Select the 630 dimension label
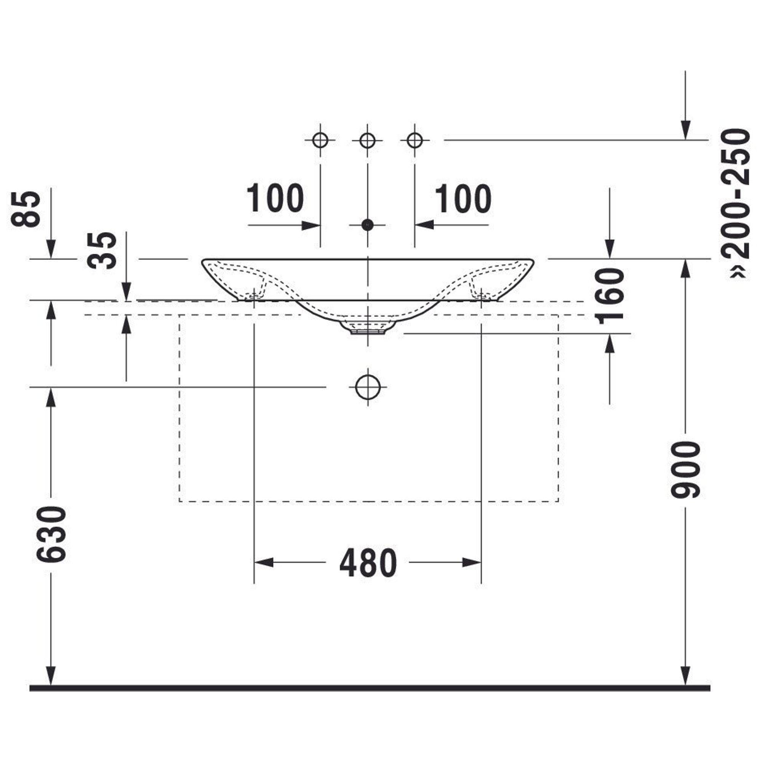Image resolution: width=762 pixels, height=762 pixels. [51, 535]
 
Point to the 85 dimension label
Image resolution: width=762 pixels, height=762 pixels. [26, 209]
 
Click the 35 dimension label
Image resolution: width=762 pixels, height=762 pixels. [102, 250]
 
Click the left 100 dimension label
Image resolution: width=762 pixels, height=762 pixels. [275, 198]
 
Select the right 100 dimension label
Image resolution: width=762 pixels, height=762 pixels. [463, 198]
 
